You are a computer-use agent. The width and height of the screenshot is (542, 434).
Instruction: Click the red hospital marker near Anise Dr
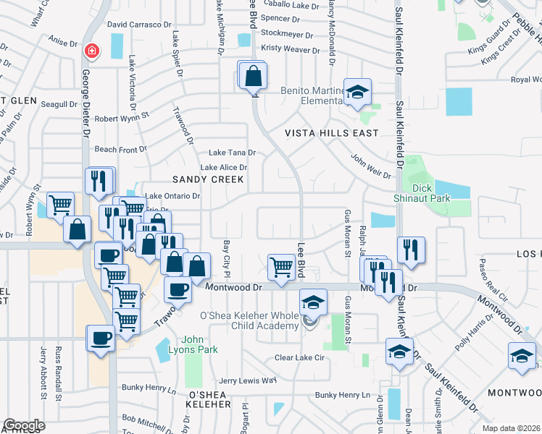point(92,51)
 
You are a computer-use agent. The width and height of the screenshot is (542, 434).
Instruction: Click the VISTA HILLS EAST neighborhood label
point(331,133)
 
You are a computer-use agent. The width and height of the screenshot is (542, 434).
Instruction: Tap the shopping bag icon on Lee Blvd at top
point(254,76)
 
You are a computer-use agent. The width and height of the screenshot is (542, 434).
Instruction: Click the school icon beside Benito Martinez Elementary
point(357,93)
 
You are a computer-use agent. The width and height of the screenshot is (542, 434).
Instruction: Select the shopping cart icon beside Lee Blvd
point(281,267)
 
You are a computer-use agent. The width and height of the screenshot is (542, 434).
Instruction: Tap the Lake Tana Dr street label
point(232,153)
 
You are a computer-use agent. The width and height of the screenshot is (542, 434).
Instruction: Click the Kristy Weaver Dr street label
point(290,50)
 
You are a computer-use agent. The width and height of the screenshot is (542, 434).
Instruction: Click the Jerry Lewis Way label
point(248,380)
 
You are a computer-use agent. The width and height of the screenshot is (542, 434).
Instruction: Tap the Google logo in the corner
point(24,425)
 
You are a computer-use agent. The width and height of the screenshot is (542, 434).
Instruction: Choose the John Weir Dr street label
point(371,166)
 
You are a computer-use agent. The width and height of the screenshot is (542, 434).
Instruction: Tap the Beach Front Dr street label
point(120,149)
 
